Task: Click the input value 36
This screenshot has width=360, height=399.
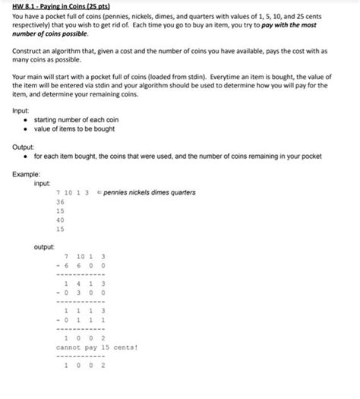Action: coord(60,202)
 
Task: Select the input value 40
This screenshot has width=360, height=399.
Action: coord(60,220)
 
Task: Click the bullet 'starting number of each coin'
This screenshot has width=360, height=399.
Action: coord(76,121)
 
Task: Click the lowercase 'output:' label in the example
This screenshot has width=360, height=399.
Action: coord(44,247)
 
